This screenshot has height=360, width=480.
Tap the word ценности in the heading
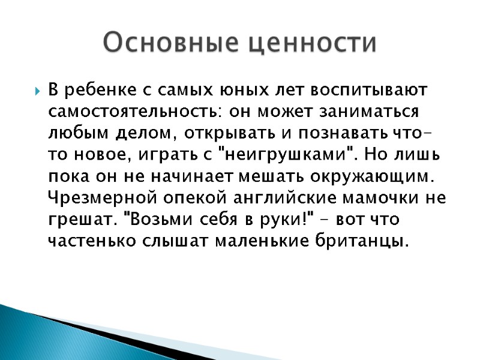[313, 43]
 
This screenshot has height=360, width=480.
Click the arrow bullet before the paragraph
[38, 92]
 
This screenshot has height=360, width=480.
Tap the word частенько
[82, 241]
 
